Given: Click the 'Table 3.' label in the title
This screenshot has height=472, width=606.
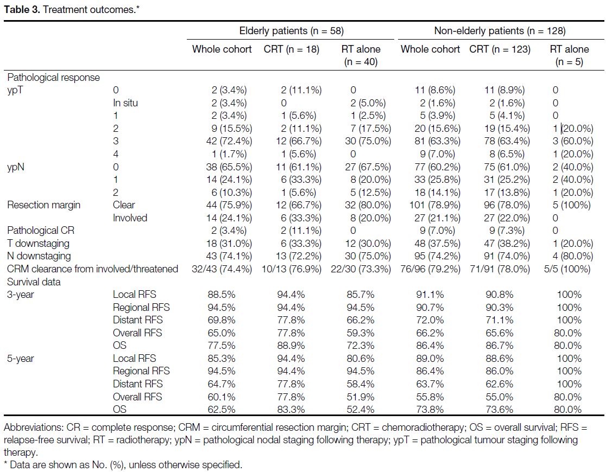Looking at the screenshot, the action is click(x=22, y=10).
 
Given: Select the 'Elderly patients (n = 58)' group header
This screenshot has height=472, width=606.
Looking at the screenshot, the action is click(x=292, y=31).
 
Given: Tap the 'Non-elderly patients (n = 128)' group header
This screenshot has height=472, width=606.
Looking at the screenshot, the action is click(x=500, y=31).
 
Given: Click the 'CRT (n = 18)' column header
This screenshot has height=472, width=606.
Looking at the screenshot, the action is click(x=292, y=49).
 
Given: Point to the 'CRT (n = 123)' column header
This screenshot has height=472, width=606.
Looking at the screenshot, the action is click(x=500, y=49).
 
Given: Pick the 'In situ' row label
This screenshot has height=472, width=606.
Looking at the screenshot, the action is click(x=125, y=103).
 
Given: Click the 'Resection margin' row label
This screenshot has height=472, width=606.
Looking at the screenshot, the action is click(x=43, y=205).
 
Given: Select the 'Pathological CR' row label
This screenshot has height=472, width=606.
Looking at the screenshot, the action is click(x=41, y=231).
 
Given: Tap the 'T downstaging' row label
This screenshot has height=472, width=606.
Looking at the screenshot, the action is click(x=38, y=244).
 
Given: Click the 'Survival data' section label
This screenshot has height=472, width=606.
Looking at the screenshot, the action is click(x=34, y=282).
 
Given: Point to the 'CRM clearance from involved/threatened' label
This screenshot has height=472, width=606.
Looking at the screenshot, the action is click(x=92, y=269).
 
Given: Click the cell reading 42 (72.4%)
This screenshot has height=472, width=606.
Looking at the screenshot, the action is click(x=229, y=142).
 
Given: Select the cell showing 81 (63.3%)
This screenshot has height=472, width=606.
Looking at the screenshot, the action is click(x=438, y=142).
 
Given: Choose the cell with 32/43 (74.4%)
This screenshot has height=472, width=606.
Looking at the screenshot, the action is click(x=222, y=269).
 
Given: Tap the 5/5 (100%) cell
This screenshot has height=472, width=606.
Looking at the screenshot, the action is click(x=567, y=269).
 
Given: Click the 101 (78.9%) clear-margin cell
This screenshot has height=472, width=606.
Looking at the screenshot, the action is click(x=435, y=205).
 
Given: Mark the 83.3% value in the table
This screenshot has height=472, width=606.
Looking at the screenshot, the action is click(x=291, y=410).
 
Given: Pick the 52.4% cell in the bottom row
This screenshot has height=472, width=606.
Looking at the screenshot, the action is click(x=360, y=410).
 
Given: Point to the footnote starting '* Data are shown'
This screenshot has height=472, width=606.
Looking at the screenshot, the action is click(x=123, y=464).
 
